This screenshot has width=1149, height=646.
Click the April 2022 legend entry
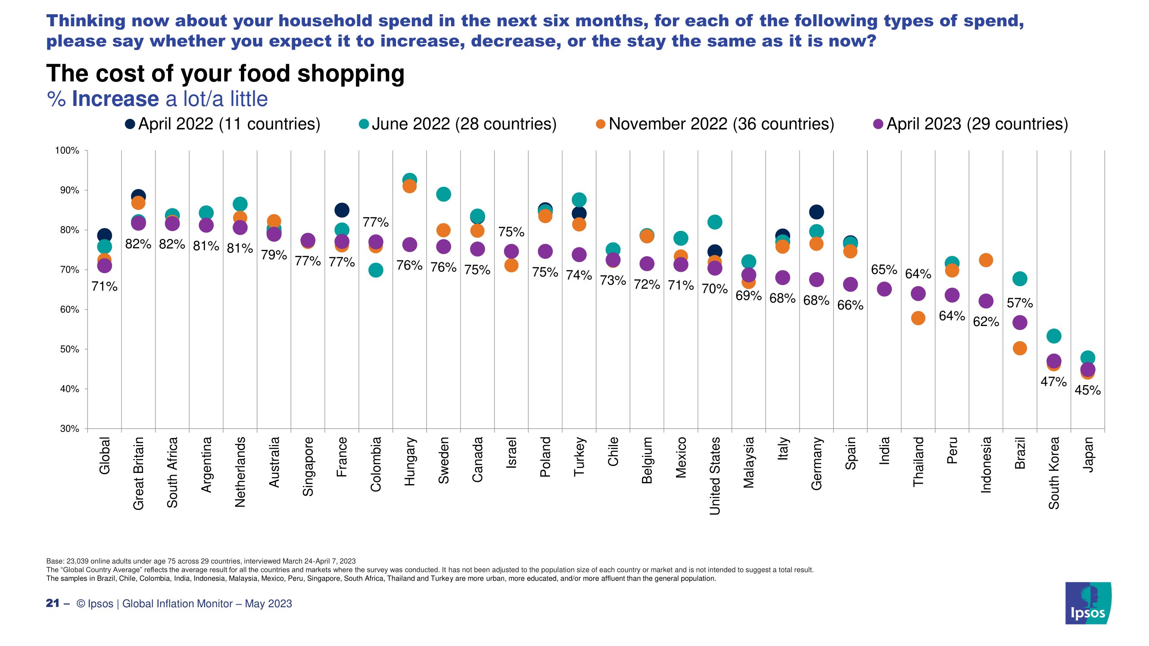point(223,124)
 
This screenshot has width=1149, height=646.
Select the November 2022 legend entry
point(715,124)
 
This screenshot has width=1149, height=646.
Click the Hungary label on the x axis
point(409,461)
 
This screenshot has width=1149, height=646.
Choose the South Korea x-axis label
point(1053,473)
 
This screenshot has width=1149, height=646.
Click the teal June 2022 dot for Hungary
point(409,180)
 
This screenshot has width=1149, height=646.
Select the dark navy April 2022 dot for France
point(342,210)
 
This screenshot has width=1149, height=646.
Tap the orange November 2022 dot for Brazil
point(1020,348)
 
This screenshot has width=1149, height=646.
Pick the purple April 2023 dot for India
point(884,289)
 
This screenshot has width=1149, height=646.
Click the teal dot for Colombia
point(376,270)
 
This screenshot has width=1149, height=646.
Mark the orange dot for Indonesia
point(986,260)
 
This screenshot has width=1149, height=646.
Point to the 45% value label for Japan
point(1087,391)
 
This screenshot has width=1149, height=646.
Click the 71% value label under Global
point(104,286)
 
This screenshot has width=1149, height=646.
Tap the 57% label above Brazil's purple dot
point(1020,303)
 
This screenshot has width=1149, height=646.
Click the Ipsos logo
point(1088,603)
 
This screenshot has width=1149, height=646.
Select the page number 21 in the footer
point(53,603)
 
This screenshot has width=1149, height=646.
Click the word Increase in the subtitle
point(115,99)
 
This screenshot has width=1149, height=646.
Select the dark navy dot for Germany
point(816,212)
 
